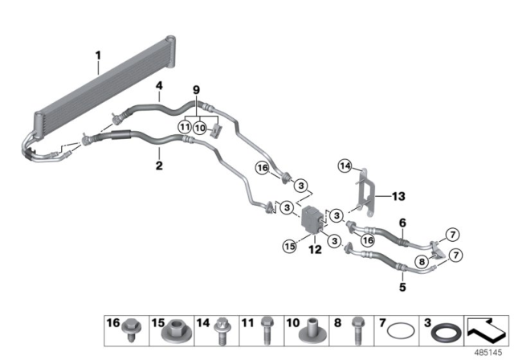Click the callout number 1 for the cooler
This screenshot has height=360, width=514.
click(x=97, y=55)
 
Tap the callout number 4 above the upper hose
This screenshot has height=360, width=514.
click(x=159, y=86)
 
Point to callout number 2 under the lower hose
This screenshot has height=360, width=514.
click(x=159, y=166)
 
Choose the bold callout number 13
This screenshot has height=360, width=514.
click(x=399, y=195)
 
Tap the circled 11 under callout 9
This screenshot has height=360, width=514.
click(x=184, y=126)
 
